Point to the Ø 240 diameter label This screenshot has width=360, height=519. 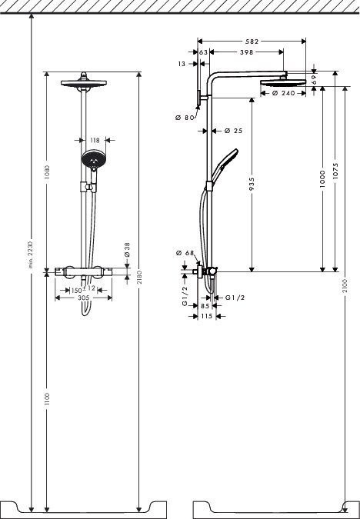(284, 94)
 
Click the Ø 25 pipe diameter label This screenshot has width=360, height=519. (234, 131)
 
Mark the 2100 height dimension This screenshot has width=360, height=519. (345, 284)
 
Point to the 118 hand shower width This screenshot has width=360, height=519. (95, 140)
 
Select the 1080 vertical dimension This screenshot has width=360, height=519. (47, 172)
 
